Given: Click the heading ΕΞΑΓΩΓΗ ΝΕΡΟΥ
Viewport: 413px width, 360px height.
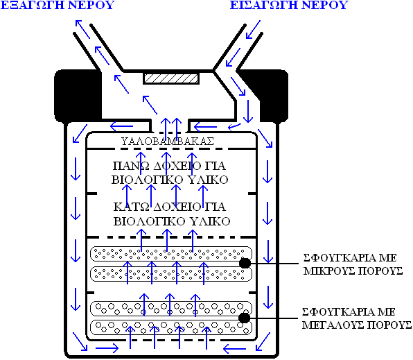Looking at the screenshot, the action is pos(58,5).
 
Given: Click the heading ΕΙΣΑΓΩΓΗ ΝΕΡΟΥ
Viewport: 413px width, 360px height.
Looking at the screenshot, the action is pos(289,5).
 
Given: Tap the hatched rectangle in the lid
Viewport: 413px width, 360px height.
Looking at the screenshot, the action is pos(171,78).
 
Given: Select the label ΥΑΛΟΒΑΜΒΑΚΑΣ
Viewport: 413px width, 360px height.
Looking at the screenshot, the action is pos(168,142).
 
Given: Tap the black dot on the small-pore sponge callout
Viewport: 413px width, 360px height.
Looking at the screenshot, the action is pos(245,263).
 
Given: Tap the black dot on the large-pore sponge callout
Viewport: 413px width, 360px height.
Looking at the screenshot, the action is pos(244,318).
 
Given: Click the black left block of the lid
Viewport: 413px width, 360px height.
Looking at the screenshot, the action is pos(78,96).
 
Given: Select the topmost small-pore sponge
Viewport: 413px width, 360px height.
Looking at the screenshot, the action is pos(171,254).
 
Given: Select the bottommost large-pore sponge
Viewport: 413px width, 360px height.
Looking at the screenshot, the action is pos(171,327).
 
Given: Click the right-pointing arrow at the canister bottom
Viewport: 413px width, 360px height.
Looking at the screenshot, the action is pos(107,348).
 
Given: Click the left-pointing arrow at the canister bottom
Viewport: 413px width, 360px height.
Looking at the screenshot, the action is pos(234,349).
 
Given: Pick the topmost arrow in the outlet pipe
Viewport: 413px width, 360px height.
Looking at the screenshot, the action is pos(82,29).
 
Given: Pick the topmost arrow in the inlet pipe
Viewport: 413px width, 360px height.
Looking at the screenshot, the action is pos(253,30).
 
